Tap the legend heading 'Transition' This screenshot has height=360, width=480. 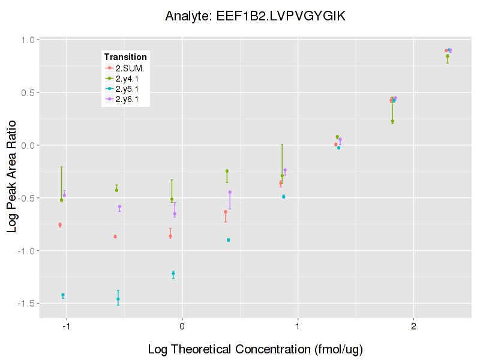[125, 57]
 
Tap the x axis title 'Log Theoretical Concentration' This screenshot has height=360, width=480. [255, 349]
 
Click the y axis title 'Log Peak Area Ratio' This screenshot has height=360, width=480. [12, 172]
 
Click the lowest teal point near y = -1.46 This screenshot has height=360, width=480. [118, 299]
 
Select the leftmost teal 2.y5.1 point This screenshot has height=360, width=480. [62, 295]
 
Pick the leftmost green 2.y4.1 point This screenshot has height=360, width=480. [61, 200]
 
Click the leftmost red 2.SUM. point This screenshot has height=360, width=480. [60, 225]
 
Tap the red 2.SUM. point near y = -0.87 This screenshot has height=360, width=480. [115, 236]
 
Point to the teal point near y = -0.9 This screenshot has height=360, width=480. [229, 240]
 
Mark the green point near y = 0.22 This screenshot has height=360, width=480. [392, 121]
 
